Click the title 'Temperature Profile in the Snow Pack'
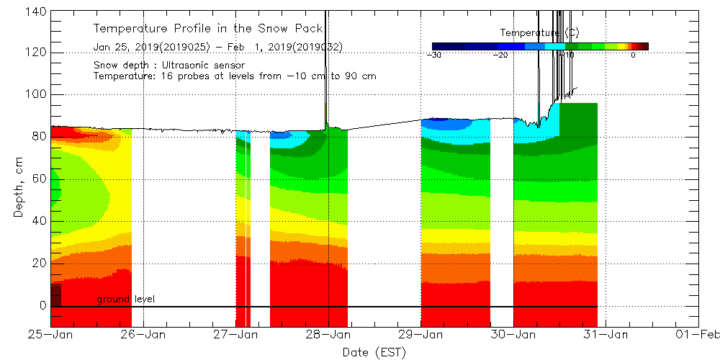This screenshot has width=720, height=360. [x=208, y=29]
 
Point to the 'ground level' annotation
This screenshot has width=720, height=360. [x=126, y=299]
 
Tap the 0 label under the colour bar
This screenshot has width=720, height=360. [x=633, y=55]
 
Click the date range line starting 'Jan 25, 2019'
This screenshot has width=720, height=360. [x=217, y=47]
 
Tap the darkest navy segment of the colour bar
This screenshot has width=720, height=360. [x=447, y=46]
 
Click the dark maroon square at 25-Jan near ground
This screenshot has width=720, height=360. [x=56, y=296]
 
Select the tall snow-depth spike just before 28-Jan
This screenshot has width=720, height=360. [x=326, y=65]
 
